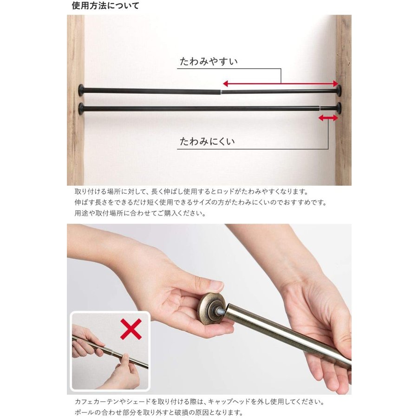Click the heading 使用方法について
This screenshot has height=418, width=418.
click(x=105, y=6)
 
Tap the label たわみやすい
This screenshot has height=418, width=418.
click(x=209, y=62)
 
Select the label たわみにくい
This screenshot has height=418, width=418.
click(x=208, y=141)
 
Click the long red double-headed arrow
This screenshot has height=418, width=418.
click(x=281, y=84)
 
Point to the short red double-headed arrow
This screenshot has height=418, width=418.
click(x=328, y=118)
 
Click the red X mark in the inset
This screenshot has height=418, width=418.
click(x=131, y=329)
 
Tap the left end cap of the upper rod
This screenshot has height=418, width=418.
click(x=81, y=90)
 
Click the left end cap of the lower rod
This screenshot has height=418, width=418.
click(x=81, y=108)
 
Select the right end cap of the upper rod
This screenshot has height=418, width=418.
click(x=339, y=91)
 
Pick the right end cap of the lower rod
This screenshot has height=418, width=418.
click(x=339, y=108)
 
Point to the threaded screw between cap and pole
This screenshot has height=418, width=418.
click(x=222, y=310)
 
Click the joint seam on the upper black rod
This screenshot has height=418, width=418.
click(x=221, y=92)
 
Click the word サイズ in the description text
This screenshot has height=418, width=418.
click(x=201, y=202)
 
